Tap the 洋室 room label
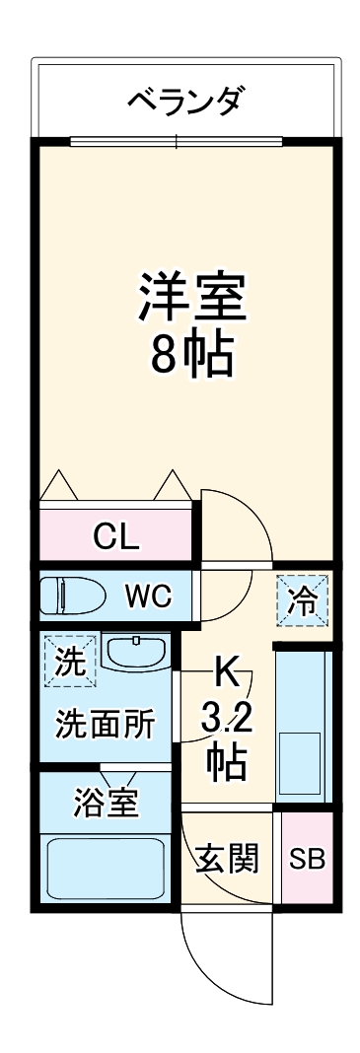click(191, 295)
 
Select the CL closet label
click(116, 536)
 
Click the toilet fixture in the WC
click(69, 597)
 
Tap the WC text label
click(148, 596)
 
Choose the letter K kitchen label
click(226, 675)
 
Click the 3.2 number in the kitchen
click(228, 719)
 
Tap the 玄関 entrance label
click(227, 859)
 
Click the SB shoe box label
click(307, 858)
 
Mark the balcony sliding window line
click(178, 141)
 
